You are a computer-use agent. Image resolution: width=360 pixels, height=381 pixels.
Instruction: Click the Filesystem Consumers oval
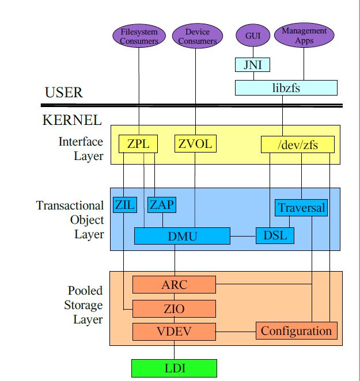(x=139, y=36)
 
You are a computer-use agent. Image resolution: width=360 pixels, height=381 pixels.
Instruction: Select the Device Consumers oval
(x=197, y=36)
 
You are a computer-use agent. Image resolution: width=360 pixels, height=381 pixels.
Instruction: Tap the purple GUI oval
(x=253, y=36)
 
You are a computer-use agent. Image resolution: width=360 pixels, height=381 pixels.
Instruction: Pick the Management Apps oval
(x=304, y=36)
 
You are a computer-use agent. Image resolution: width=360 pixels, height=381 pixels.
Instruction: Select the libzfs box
(x=286, y=87)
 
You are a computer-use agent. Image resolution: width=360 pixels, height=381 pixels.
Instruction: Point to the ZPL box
(x=138, y=144)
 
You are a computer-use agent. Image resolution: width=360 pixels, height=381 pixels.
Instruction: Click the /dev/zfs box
(x=297, y=144)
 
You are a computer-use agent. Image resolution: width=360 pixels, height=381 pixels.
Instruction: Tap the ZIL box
(x=124, y=205)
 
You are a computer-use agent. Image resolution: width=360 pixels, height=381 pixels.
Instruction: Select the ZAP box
(x=162, y=205)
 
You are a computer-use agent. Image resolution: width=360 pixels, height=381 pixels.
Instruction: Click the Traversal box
(x=301, y=208)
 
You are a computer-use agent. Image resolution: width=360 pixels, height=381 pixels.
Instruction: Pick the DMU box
(x=182, y=235)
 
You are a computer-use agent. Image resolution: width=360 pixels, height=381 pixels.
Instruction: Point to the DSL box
(x=275, y=235)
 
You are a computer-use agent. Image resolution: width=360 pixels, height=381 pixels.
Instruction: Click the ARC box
(x=174, y=284)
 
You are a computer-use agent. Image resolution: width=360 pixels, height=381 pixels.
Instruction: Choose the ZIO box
(x=174, y=308)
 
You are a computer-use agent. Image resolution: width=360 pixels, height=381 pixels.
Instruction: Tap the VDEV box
(x=174, y=332)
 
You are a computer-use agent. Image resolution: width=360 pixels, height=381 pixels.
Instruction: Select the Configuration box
(x=296, y=331)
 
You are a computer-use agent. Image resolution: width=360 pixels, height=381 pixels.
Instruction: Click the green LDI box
(x=174, y=367)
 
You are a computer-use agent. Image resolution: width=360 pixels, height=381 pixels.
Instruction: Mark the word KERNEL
(x=72, y=120)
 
